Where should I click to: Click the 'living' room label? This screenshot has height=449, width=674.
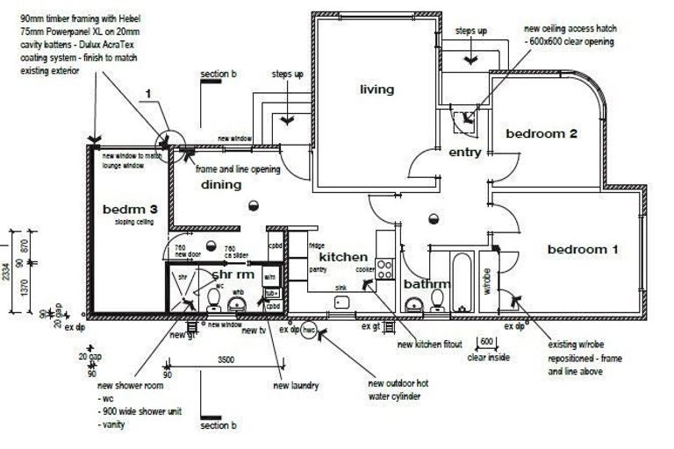click(376, 89)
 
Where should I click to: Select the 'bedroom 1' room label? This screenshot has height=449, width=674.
click(583, 250)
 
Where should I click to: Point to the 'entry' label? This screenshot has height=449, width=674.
click(464, 153)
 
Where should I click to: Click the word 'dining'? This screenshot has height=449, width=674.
click(220, 185)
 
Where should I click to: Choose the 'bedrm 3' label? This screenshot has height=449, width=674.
click(130, 210)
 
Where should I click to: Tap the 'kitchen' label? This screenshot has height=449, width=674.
click(342, 257)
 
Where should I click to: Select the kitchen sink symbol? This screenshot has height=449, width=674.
click(342, 303)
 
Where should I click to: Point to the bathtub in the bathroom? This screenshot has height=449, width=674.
click(462, 281)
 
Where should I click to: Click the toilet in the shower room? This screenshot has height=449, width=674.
click(213, 300)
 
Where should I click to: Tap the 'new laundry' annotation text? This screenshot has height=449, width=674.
click(296, 386)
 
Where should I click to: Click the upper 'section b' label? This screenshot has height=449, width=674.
click(218, 75)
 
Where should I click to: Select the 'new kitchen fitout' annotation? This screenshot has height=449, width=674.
click(429, 345)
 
